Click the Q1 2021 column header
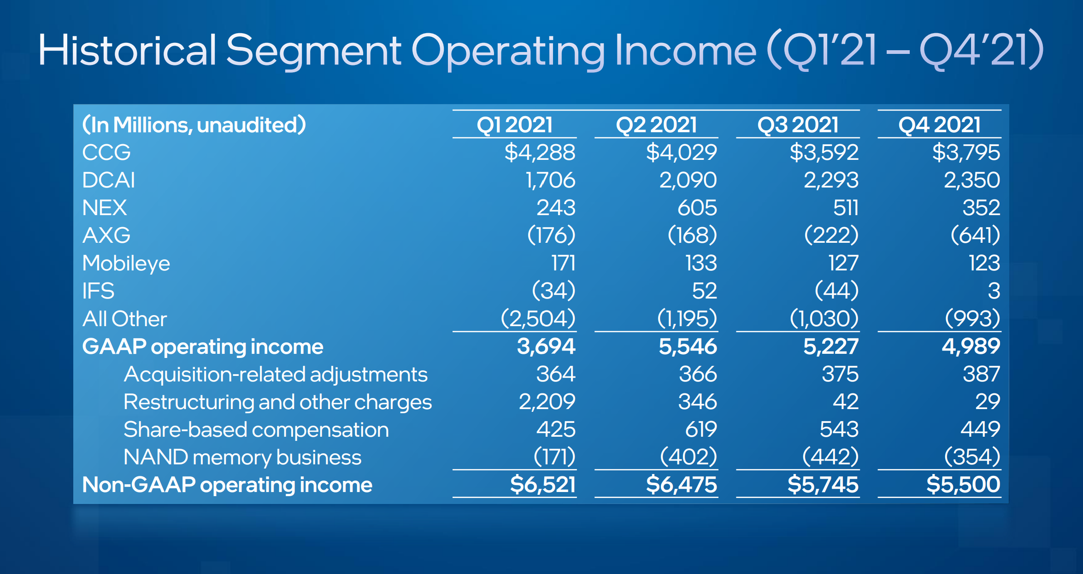click(x=514, y=125)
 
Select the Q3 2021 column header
click(x=798, y=125)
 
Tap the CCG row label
click(x=106, y=152)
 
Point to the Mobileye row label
click(x=126, y=263)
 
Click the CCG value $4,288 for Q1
click(x=540, y=152)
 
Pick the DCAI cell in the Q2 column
click(x=688, y=180)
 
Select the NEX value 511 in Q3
click(x=845, y=208)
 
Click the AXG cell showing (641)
click(x=975, y=235)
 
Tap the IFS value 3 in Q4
click(x=994, y=291)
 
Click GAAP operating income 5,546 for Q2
click(x=688, y=346)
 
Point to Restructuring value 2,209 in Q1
click(x=547, y=402)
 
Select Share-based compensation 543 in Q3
click(x=839, y=429)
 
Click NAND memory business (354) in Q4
click(x=972, y=457)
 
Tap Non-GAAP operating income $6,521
click(x=542, y=485)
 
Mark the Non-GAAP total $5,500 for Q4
click(x=963, y=485)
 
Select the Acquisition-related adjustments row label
click(x=276, y=374)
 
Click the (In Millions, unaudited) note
click(x=194, y=125)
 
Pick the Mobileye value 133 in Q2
click(x=701, y=263)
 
